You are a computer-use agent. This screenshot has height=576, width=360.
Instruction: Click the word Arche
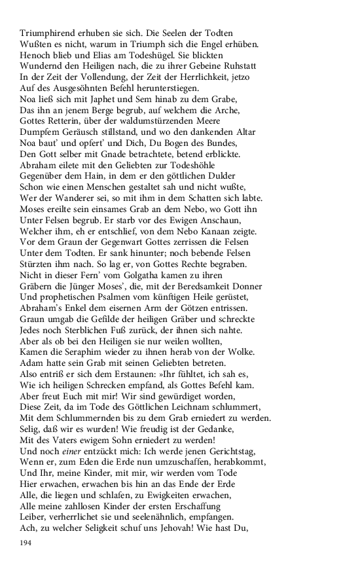pos(226,110)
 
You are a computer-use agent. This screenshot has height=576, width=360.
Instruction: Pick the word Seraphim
pos(85,355)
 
